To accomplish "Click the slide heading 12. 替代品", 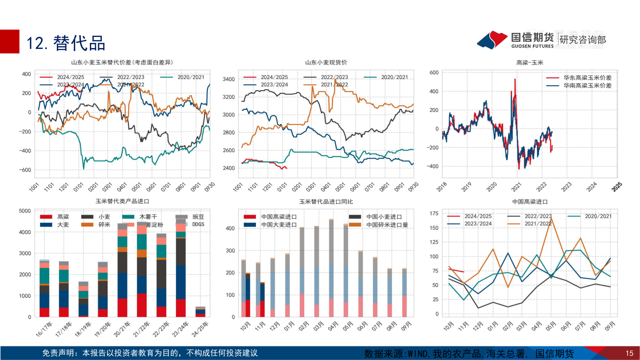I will pos(66,43).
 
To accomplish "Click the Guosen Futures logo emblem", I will pos(492,40).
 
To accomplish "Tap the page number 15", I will pos(629,354).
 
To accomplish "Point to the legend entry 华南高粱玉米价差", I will pos(587,85).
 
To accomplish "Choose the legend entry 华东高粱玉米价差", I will pos(587,77).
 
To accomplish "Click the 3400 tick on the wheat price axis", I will pos(228,80).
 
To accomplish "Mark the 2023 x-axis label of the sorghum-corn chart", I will pos(566,188).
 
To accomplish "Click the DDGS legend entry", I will pos(198,224).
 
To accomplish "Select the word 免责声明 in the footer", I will pos(58,353).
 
